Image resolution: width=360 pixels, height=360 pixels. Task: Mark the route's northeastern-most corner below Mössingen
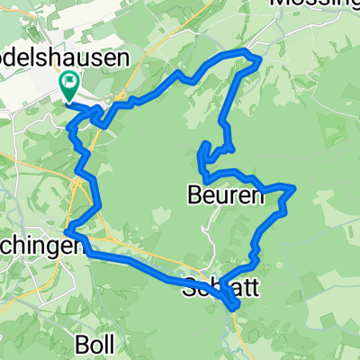click(x=259, y=59)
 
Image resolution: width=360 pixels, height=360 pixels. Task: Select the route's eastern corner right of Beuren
click(x=293, y=187)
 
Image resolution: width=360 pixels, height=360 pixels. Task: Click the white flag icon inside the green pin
click(x=69, y=84)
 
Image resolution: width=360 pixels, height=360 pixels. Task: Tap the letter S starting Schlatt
click(x=188, y=288)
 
